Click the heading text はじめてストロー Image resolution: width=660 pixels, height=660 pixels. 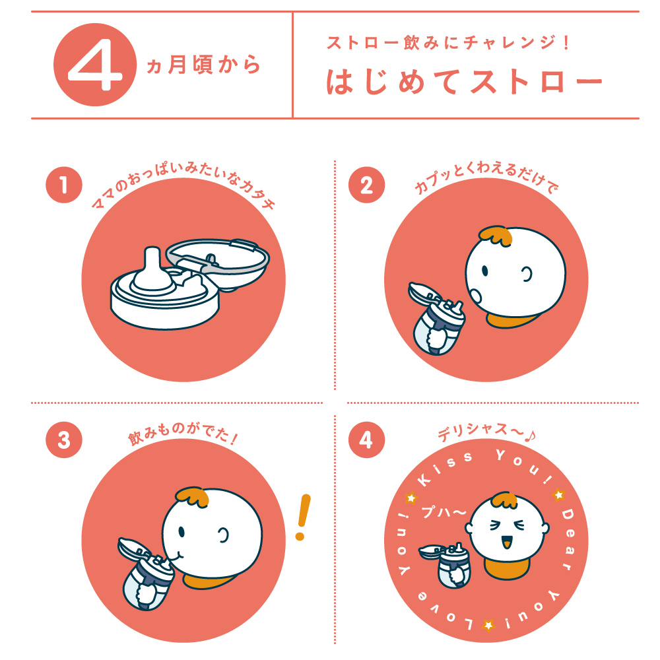tap(465, 82)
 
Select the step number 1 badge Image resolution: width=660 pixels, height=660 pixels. tap(64, 185)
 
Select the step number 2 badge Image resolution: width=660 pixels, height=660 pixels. tap(366, 185)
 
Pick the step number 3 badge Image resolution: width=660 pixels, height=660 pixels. tap(64, 441)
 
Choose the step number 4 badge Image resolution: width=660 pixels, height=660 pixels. tap(366, 441)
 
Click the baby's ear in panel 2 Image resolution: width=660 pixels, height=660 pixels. tap(528, 275)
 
